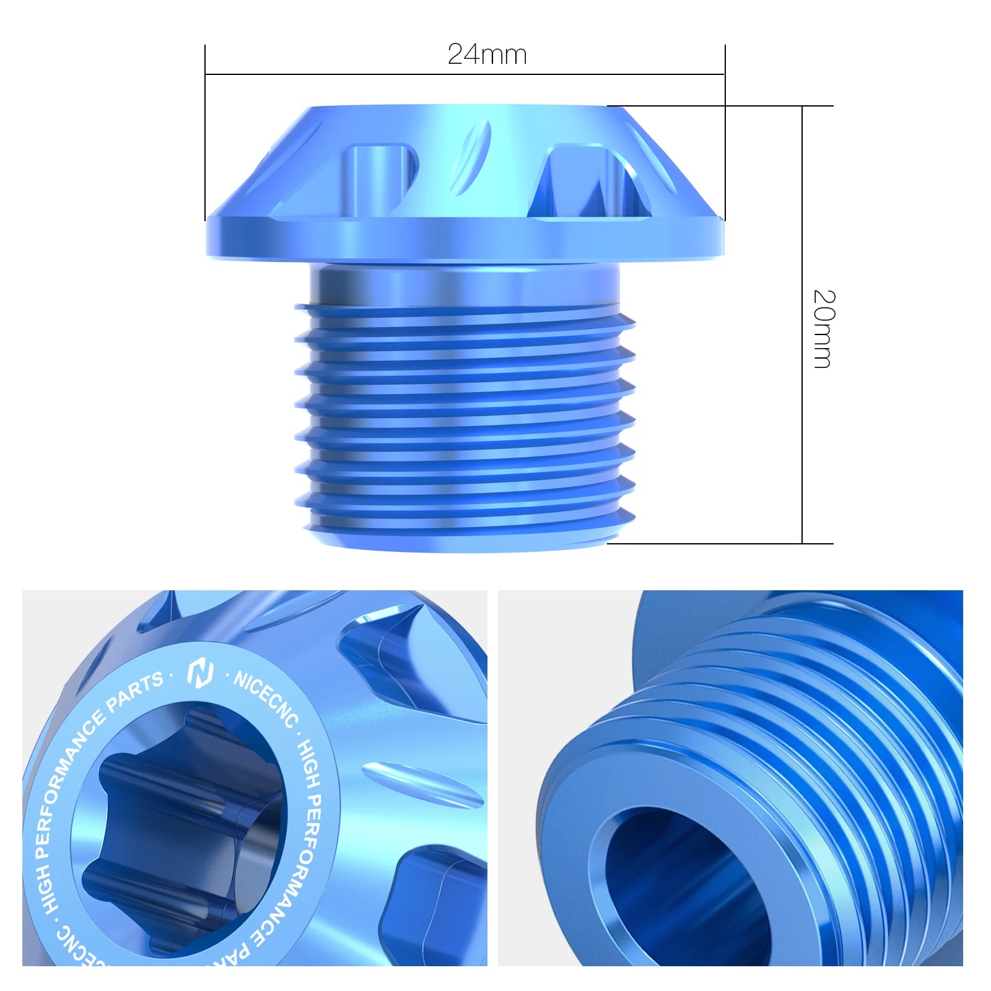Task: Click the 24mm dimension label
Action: (487, 55)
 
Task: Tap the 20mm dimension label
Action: (824, 329)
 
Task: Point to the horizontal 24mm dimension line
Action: (465, 74)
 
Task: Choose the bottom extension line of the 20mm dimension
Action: (718, 544)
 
